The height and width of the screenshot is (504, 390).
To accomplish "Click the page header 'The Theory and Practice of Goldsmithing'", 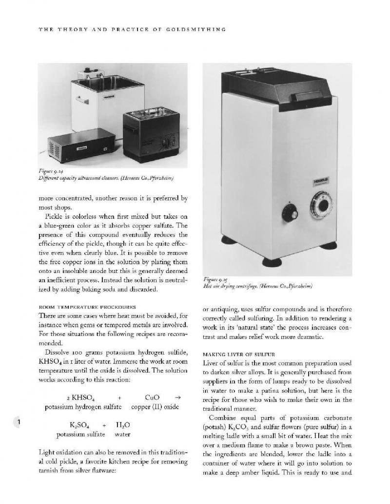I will pos(132,30).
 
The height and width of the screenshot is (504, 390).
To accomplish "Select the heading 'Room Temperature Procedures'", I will pos(87,307).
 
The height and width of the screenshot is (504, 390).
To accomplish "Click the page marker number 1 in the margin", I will pos(18,422).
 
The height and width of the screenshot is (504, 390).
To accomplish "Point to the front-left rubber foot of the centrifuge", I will pos(272,262).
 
